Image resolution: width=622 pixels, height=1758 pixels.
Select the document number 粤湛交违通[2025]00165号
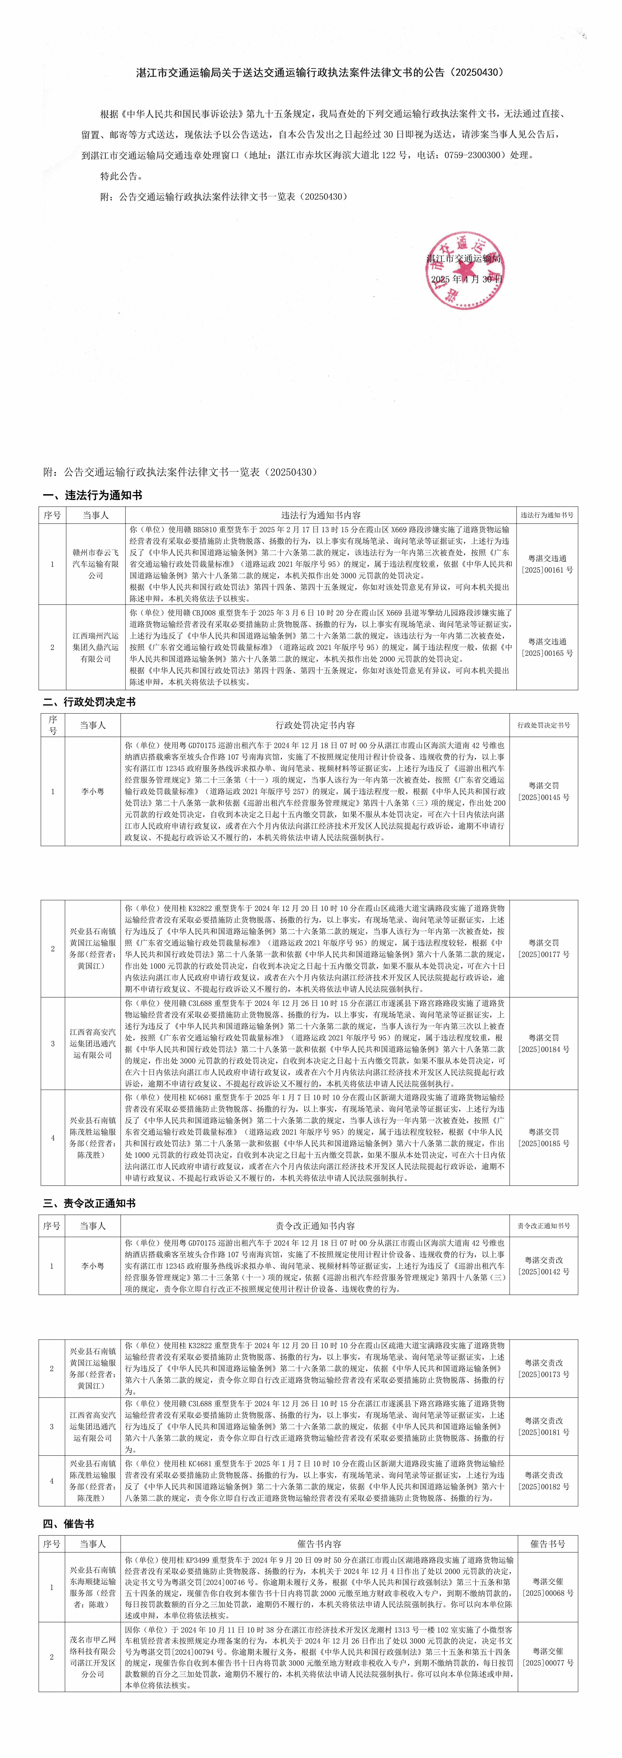tap(547, 647)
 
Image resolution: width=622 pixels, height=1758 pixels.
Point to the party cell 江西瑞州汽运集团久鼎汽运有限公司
tap(96, 647)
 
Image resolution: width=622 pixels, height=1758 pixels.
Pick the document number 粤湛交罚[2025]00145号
tap(543, 792)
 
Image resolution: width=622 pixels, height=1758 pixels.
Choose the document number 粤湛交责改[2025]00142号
tap(543, 1266)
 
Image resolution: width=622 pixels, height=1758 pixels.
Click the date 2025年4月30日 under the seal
tap(467, 279)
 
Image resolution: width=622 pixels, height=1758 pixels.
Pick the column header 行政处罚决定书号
tap(543, 725)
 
